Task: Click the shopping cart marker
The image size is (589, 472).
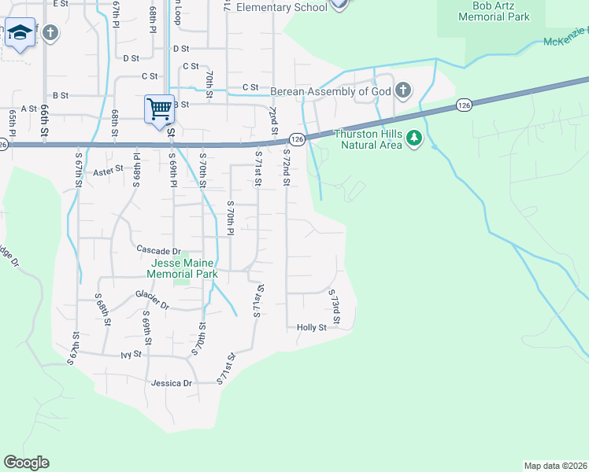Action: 159,109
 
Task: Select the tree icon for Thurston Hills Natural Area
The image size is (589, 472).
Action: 413,140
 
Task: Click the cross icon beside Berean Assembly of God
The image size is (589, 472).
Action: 403,90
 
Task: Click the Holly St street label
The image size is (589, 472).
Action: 311,327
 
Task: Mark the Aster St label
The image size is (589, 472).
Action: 109,169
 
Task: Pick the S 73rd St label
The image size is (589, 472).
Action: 334,307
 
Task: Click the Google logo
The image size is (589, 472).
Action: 26,463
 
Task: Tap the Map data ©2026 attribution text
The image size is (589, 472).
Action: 555,466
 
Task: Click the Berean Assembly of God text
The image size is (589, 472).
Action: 332,91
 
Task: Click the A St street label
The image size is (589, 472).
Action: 30,109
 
